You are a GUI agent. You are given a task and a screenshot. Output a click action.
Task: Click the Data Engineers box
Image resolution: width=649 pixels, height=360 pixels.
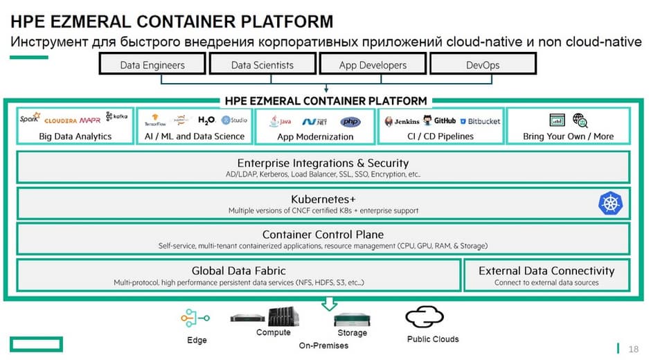[152, 65]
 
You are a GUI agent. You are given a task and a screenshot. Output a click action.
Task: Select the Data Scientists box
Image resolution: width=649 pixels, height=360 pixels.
[262, 65]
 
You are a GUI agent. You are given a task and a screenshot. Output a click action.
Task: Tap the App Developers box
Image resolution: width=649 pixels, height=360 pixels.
[373, 65]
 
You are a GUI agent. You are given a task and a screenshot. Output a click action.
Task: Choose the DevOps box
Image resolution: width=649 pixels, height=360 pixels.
[483, 65]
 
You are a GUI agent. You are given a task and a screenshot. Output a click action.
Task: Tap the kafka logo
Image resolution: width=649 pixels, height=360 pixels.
[117, 118]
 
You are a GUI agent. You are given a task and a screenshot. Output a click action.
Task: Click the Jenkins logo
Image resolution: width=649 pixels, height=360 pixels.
[402, 121]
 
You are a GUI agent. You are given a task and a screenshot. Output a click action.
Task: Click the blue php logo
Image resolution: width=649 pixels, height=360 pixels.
[350, 122]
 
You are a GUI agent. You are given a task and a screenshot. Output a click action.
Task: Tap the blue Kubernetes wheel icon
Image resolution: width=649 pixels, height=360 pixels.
[610, 204]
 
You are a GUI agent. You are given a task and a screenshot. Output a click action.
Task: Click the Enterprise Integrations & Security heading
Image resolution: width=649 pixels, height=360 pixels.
[323, 163]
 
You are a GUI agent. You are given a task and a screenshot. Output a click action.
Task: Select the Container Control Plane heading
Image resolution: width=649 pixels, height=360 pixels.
[323, 235]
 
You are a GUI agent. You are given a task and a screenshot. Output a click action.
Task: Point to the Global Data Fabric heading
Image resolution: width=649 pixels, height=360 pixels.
[238, 271]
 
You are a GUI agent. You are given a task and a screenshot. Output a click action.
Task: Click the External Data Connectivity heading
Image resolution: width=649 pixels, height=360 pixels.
[546, 271]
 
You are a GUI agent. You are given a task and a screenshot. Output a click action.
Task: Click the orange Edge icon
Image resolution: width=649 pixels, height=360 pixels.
[195, 318]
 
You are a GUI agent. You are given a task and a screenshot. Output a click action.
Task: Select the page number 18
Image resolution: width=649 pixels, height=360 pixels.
[633, 348]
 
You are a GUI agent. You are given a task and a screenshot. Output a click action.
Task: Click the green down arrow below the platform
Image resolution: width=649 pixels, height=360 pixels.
[330, 304]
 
